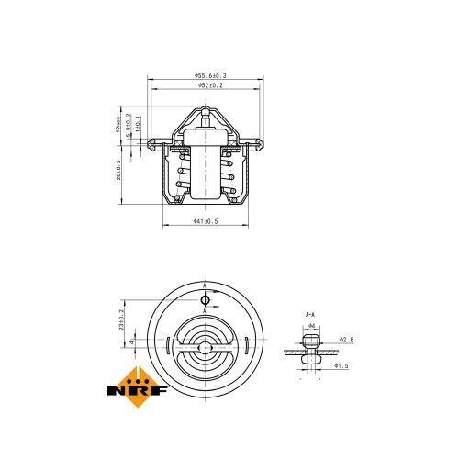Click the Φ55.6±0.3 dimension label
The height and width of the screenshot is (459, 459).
210,75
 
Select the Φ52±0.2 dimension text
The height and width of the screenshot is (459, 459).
210,85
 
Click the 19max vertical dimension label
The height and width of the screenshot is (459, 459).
118,123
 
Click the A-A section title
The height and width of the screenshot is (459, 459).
309,315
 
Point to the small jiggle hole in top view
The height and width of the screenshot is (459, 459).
205,300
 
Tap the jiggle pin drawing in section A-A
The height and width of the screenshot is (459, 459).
309,349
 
